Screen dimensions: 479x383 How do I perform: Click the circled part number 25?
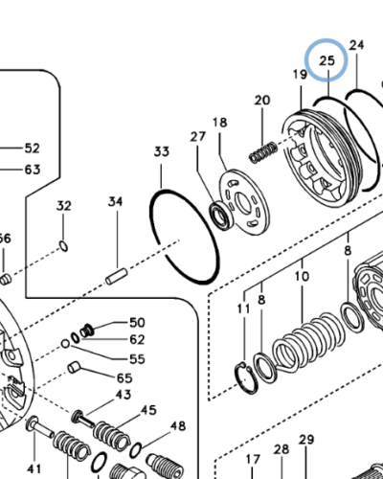coord(327,61)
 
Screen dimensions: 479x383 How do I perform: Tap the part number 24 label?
coord(357,45)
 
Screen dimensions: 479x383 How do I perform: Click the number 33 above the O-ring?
coord(162,151)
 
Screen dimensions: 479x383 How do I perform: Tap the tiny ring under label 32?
coord(64,245)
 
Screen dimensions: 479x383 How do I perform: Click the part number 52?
coord(32,148)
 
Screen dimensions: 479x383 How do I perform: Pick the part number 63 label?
coord(32,170)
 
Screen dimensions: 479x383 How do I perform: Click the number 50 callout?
coord(137,323)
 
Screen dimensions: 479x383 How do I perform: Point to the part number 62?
coord(137,339)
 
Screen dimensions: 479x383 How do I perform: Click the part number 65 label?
coord(124,378)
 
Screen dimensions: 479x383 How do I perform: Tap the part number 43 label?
coord(124,394)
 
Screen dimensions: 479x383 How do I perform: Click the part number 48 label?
coord(178,425)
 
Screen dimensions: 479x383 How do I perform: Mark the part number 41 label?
coord(34,468)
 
